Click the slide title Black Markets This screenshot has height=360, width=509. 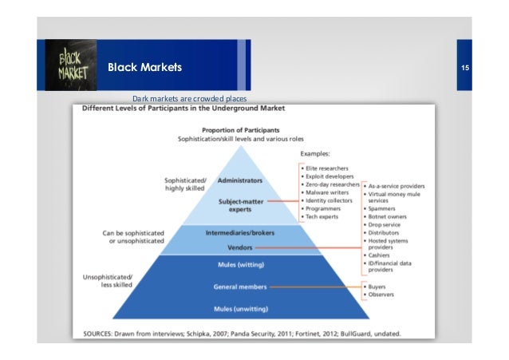144,67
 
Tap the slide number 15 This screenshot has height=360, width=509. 464,67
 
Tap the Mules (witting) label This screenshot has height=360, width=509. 240,264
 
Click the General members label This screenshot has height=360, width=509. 240,286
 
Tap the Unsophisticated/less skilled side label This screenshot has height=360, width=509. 111,280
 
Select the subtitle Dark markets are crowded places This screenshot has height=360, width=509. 190,98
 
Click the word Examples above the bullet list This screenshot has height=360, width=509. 318,152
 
